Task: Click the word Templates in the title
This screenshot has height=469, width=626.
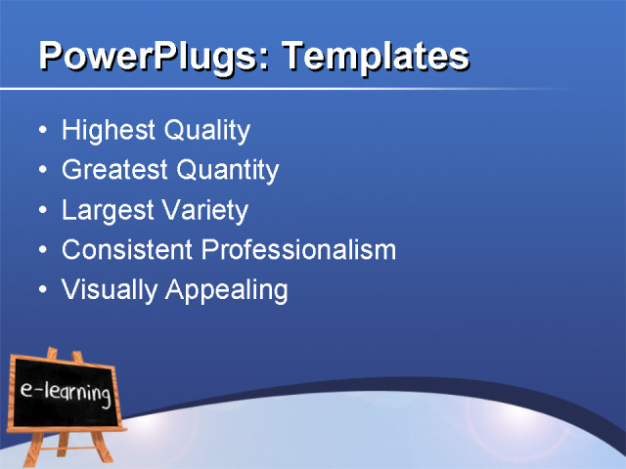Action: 376,56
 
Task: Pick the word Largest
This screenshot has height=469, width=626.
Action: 102,211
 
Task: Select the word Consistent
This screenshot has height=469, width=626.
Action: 127,250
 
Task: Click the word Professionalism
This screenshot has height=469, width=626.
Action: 298,251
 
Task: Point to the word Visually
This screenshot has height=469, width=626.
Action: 102,291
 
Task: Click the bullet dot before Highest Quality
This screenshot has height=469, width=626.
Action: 41,131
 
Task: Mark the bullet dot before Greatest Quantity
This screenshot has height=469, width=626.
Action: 41,171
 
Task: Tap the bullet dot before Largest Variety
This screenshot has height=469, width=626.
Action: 41,211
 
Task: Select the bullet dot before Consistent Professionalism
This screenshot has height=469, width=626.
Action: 41,251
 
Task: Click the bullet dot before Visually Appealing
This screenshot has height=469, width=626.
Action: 41,291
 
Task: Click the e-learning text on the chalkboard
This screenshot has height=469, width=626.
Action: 65,394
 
